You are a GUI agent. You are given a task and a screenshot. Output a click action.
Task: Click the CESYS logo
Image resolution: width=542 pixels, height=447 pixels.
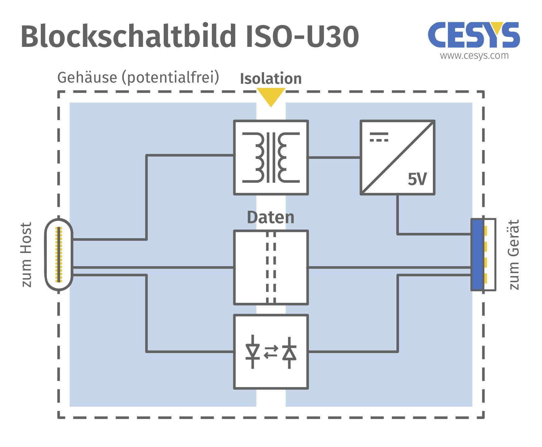coord(474,35)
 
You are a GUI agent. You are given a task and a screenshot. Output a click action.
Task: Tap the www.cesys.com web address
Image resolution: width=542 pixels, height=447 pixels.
coord(474,56)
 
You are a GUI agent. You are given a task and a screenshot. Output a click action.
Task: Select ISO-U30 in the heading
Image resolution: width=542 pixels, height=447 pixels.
coord(302,37)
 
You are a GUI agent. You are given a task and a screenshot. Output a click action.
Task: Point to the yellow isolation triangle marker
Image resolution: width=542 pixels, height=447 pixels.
coord(271,96)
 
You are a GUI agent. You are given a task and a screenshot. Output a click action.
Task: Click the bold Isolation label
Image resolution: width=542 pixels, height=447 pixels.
coord(271,78)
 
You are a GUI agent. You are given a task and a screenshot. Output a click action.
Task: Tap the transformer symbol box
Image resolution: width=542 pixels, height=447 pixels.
coord(271,158)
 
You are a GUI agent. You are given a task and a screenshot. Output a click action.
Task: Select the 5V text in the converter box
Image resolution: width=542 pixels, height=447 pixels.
coord(417,179)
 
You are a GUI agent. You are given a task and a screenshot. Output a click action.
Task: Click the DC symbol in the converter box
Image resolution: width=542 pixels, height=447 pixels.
coord(379,137)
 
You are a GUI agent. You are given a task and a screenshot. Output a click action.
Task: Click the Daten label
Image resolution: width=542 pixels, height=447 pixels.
coord(271,217)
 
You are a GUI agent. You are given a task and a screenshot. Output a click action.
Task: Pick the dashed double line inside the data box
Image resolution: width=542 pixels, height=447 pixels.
coord(271,267)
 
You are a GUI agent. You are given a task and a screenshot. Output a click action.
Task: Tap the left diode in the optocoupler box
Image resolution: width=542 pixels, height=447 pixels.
coord(253,352)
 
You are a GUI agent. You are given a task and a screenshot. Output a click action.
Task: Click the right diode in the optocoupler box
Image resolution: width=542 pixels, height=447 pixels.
coord(289,352)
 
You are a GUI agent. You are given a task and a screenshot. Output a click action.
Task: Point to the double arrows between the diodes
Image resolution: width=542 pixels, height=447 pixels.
coord(271,352)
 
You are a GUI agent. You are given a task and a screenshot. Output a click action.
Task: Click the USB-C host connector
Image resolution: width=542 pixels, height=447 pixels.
coord(59,254)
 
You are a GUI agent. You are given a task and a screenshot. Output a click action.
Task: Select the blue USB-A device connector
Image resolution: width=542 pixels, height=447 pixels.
coord(478,254)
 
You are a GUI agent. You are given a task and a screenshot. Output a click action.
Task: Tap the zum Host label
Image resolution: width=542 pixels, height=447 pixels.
coord(26,254)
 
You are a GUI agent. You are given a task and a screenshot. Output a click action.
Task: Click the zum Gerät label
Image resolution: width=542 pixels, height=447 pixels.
coord(514,254)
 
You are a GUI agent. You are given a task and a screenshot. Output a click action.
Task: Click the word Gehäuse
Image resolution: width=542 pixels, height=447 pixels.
coord(87,78)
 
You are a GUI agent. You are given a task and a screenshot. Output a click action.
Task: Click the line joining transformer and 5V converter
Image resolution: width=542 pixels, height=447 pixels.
coord(334,158)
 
